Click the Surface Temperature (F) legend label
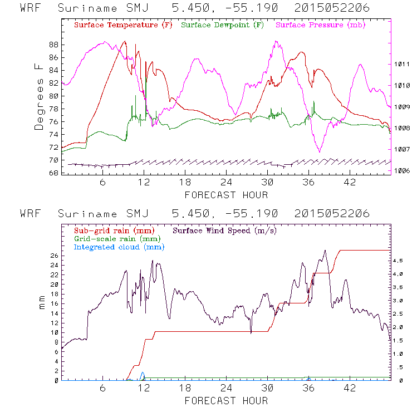coord(123,26)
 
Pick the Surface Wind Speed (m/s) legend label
coord(225,230)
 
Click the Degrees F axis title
coord(39,96)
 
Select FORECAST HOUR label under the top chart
coord(226,195)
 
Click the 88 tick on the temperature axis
coord(53,45)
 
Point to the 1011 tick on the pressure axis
coord(403,65)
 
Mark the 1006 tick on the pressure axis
coord(403,171)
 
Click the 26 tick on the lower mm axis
coord(53,256)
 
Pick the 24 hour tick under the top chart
coord(226,183)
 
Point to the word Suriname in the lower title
coord(87,214)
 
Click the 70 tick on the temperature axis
coord(53,160)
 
